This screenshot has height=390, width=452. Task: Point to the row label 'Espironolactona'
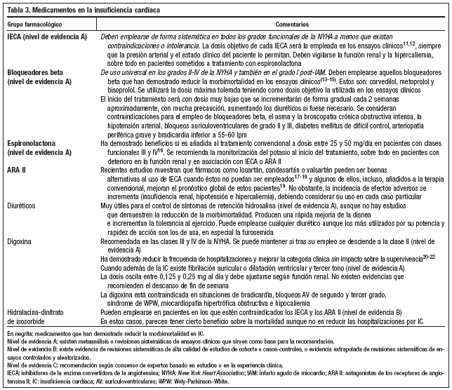(31, 142)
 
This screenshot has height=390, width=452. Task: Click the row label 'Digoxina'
(20, 239)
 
